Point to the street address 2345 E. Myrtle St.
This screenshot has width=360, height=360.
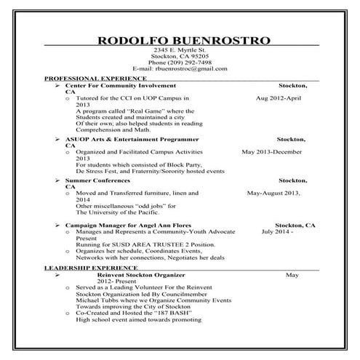(180, 48)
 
